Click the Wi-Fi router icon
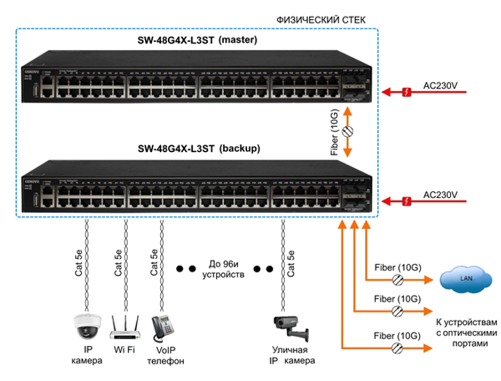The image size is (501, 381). [x=125, y=327]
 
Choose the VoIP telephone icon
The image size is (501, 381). [x=162, y=328]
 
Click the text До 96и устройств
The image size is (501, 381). [x=223, y=270]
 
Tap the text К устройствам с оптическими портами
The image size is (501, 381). [x=466, y=333]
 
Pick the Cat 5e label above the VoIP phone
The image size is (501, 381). [x=154, y=262]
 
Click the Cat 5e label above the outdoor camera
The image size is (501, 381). [x=291, y=262]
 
